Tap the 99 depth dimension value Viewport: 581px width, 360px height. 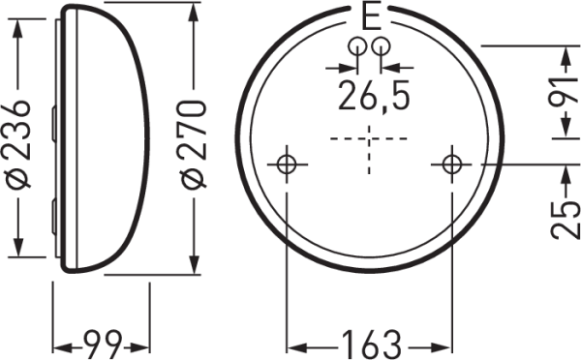pyautogui.click(x=103, y=345)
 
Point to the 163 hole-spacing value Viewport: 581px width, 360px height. pyautogui.click(x=371, y=345)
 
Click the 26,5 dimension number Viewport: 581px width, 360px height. pyautogui.click(x=374, y=95)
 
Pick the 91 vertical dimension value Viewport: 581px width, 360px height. pyautogui.click(x=565, y=91)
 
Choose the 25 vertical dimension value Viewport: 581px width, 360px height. pyautogui.click(x=565, y=220)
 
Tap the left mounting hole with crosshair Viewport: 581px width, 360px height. pyautogui.click(x=287, y=165)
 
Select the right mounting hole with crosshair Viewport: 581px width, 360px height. pyautogui.click(x=451, y=165)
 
